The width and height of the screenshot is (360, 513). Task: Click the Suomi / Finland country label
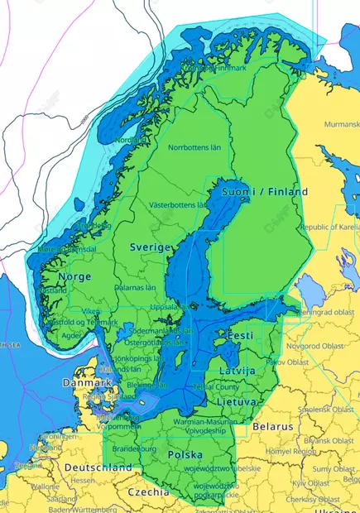point(265,191)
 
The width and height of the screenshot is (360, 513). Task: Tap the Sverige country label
point(151,247)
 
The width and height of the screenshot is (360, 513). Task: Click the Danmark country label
point(87,384)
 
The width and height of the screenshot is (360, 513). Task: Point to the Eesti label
point(240,336)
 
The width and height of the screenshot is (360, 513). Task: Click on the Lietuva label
point(236,401)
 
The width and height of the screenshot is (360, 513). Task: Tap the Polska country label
point(185,455)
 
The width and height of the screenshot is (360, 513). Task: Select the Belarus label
point(273,426)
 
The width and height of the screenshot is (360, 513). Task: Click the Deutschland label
point(98,467)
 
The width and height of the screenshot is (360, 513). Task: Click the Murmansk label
point(341,124)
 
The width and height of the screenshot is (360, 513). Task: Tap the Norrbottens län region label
point(194,147)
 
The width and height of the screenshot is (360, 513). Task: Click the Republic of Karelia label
point(329,226)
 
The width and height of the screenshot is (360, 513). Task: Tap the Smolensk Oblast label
point(326,409)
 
